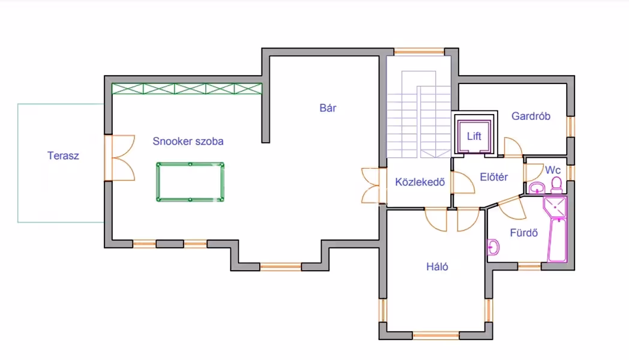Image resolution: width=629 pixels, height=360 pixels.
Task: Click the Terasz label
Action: coord(63,156)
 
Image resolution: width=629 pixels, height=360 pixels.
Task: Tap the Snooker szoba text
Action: coord(188,142)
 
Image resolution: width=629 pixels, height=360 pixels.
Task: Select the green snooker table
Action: coord(190,181)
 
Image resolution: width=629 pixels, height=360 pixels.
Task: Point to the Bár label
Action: coord(327,109)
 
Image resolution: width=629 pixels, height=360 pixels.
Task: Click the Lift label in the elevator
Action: coord(474,136)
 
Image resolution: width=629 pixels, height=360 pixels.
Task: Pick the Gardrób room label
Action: coord(531,116)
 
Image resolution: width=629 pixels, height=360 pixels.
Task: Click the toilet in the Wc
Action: coord(556,184)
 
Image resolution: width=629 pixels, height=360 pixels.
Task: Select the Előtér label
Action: coord(494,177)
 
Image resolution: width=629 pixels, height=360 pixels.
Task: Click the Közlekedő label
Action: coord(420,182)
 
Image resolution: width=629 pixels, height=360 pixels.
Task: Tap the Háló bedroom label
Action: coord(437,267)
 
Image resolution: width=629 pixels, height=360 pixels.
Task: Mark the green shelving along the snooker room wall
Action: coord(187,89)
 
